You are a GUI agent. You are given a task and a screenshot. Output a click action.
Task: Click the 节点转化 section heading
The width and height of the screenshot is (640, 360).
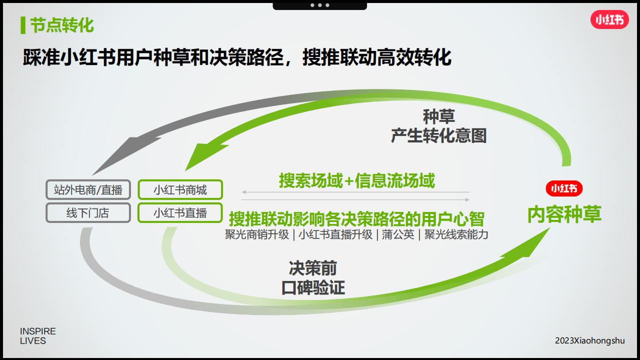[61, 25]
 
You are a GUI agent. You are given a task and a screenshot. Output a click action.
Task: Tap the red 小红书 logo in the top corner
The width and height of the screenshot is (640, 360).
[609, 19]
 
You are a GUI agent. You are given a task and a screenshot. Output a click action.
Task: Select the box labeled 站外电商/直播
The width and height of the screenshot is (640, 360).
[88, 189]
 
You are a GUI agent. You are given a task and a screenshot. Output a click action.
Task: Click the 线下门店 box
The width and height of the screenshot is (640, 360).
[88, 213]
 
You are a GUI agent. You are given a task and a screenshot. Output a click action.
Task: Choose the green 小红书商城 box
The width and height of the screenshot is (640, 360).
[180, 189]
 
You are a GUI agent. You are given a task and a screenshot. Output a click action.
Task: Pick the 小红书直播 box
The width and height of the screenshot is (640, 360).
[180, 213]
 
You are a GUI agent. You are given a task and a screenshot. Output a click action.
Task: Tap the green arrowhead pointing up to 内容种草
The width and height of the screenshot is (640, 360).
[528, 244]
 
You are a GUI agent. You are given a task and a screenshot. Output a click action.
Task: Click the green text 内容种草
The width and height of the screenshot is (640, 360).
[564, 214]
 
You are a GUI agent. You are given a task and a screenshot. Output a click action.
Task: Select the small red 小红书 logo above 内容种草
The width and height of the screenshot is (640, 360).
[564, 188]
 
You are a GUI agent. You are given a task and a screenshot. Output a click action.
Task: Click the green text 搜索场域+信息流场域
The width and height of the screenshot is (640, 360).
[357, 180]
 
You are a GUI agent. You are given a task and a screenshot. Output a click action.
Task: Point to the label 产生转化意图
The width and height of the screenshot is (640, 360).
[438, 135]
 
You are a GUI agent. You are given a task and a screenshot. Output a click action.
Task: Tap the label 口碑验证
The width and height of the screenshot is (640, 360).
[313, 287]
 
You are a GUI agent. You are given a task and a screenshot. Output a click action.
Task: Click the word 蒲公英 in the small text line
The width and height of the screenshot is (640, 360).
[398, 234]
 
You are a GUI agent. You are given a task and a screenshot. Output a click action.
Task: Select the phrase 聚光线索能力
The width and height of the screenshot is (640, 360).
[456, 234]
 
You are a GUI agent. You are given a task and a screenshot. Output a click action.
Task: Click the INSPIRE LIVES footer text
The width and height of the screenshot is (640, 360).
[37, 336]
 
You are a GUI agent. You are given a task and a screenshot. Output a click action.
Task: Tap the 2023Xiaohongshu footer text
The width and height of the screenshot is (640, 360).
[589, 340]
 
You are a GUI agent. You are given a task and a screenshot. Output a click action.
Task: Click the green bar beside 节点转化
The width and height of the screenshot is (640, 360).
[23, 25]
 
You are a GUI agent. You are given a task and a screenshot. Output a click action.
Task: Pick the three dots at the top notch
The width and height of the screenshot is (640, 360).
[319, 5]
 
